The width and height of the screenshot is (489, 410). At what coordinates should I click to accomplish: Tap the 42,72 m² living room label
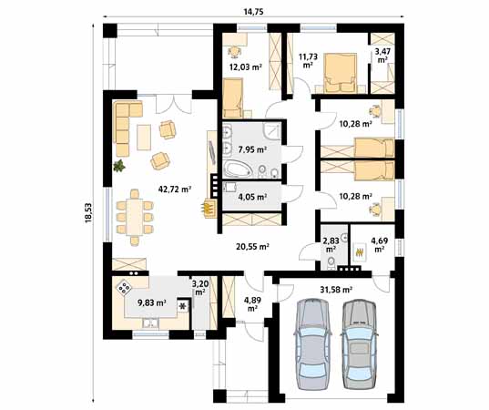(x=174, y=190)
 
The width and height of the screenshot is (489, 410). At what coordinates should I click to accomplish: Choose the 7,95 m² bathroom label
(x=251, y=149)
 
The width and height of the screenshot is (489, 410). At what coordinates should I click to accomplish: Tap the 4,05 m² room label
(x=251, y=196)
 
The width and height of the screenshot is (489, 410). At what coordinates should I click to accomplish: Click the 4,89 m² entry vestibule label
(x=251, y=303)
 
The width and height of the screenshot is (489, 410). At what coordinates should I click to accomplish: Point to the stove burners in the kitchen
(x=123, y=290)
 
